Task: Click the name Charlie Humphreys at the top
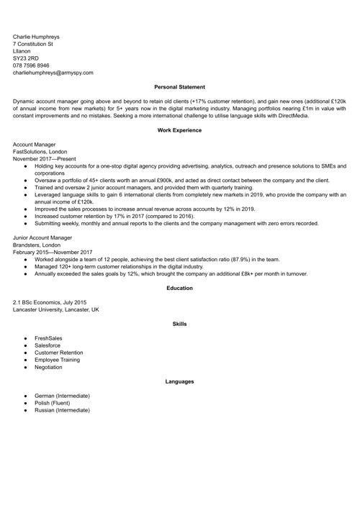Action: click(36, 36)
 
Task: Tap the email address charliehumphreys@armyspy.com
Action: click(53, 73)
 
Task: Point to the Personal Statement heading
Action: click(179, 87)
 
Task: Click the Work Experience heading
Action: click(179, 130)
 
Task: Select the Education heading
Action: click(179, 288)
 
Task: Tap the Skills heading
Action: click(179, 324)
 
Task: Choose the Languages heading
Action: click(179, 381)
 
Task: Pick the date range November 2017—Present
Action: click(44, 159)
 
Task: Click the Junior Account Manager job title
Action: click(42, 237)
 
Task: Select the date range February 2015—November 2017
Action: click(53, 252)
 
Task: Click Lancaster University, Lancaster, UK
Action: click(56, 309)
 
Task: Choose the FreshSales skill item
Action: click(48, 338)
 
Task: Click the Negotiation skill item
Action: click(48, 367)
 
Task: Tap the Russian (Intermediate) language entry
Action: click(62, 410)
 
